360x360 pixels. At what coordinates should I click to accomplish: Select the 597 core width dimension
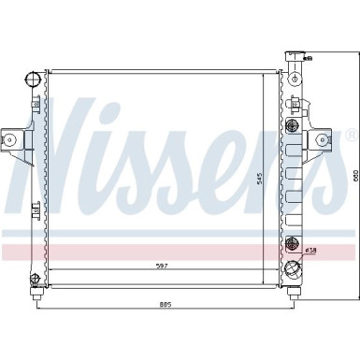click(162, 267)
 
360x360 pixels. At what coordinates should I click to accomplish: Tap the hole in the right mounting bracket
click(324, 140)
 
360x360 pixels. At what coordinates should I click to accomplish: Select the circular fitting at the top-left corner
click(35, 75)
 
